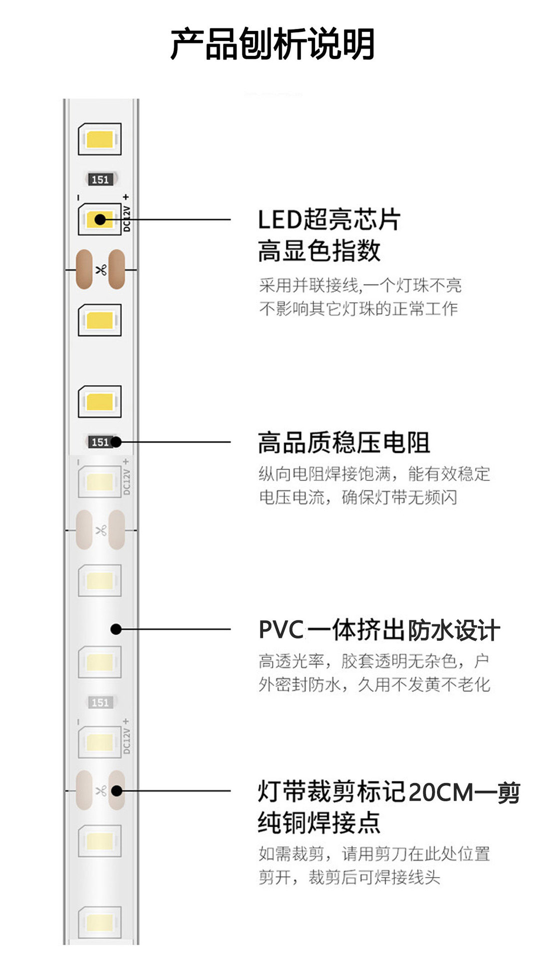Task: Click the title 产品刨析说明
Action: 272,44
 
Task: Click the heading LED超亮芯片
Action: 328,220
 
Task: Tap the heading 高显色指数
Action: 319,251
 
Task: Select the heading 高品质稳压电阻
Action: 343,443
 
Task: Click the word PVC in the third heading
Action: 281,630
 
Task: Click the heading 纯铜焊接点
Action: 319,823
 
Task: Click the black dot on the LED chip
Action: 100,219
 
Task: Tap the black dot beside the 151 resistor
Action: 116,442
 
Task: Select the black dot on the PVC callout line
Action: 116,629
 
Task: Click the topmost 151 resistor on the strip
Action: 100,180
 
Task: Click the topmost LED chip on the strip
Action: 100,139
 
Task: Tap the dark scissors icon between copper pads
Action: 101,270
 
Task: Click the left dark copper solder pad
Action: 84,269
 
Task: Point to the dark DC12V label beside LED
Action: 126,218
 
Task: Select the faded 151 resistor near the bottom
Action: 100,703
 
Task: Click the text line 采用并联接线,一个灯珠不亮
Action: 360,286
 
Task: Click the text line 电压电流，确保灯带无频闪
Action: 358,497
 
